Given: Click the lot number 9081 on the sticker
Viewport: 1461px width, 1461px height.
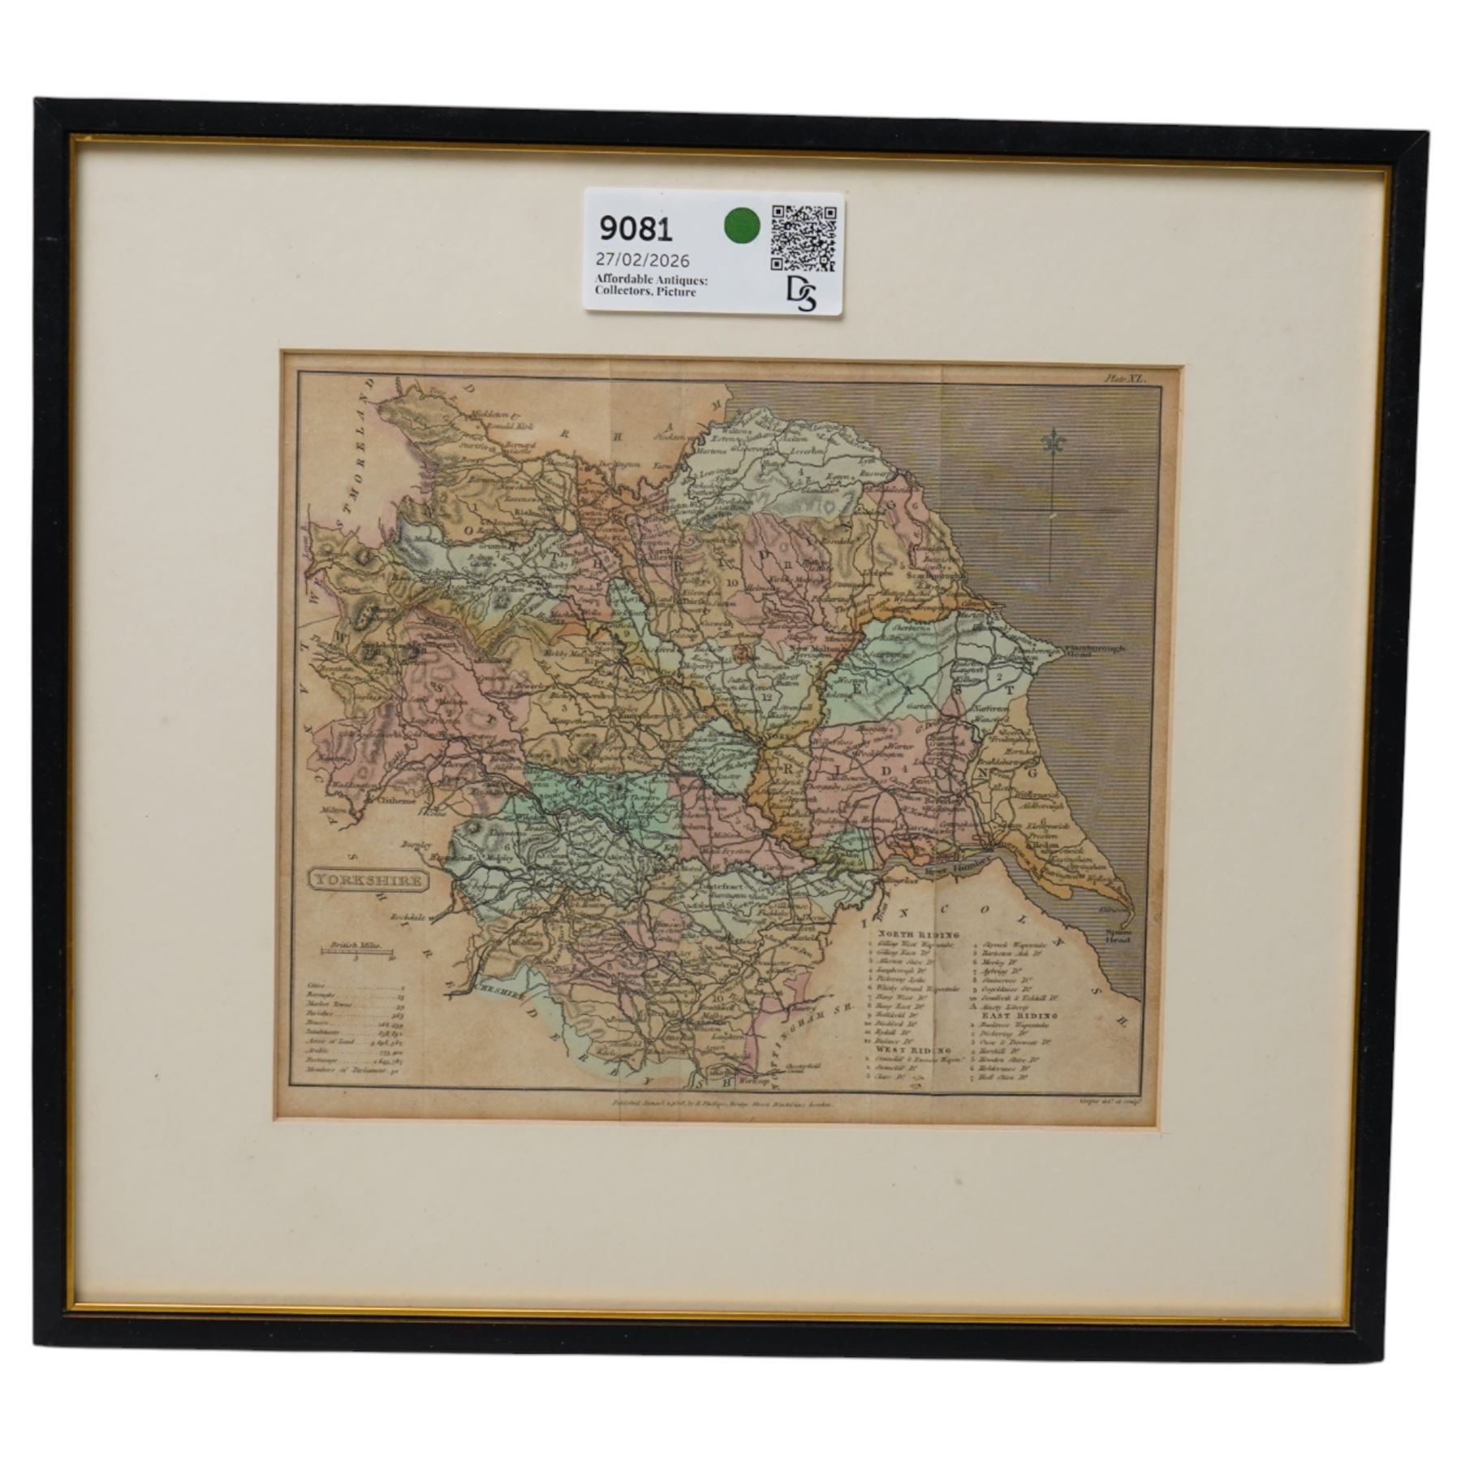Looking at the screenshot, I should [636, 230].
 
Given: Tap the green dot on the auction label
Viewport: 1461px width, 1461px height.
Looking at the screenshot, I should [739, 225].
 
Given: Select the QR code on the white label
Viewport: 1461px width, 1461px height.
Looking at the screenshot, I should [803, 237].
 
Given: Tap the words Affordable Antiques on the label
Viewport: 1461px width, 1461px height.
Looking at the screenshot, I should [650, 280].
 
